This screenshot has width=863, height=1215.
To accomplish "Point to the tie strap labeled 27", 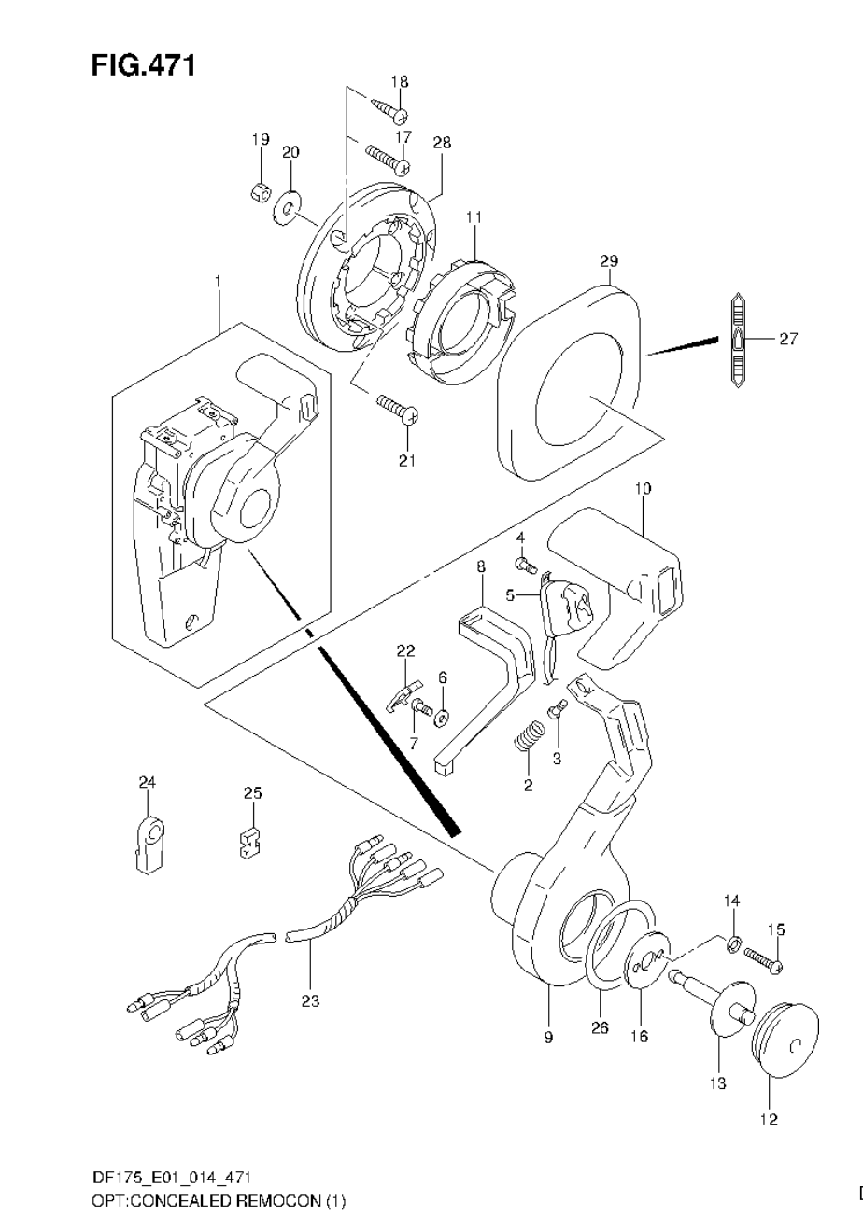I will coord(737,341).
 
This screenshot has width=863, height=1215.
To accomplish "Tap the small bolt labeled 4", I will coord(524,564).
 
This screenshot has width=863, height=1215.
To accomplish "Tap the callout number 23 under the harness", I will coord(310,1001).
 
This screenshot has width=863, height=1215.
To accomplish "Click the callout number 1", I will coord(219,279).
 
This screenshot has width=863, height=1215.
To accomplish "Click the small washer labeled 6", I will coord(442,717).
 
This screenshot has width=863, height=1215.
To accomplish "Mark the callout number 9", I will coord(548,1037).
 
